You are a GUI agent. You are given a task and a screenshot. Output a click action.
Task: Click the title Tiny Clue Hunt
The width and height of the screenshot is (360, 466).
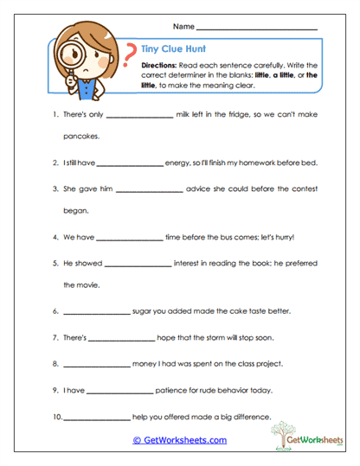click(x=170, y=49)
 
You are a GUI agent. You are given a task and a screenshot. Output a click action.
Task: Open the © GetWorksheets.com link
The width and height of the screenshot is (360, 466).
click(x=180, y=439)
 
